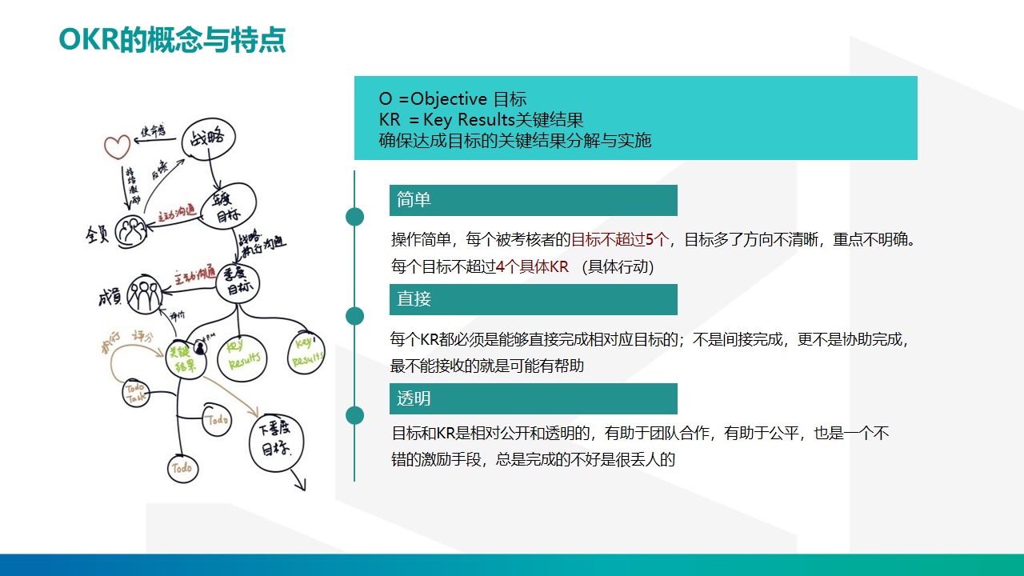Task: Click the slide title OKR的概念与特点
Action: pyautogui.click(x=172, y=40)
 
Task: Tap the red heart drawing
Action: pyautogui.click(x=117, y=146)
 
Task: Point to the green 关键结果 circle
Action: pyautogui.click(x=186, y=356)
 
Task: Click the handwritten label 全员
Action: pyautogui.click(x=97, y=234)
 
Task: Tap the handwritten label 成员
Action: pyautogui.click(x=109, y=297)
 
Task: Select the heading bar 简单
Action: pyautogui.click(x=533, y=200)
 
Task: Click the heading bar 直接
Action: pyautogui.click(x=533, y=299)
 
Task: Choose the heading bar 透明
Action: pyautogui.click(x=533, y=398)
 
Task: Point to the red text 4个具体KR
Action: pyautogui.click(x=532, y=267)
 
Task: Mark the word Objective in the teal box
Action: pyautogui.click(x=449, y=99)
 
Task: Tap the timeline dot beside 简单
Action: pyautogui.click(x=354, y=217)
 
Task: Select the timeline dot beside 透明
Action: pyautogui.click(x=354, y=415)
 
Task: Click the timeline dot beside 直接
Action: pyautogui.click(x=354, y=316)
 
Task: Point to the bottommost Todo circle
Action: pyautogui.click(x=182, y=469)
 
